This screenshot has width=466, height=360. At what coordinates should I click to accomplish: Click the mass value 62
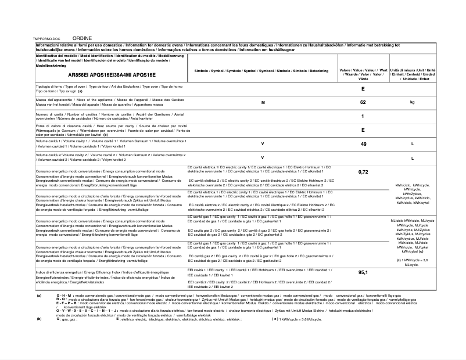[x=363, y=102]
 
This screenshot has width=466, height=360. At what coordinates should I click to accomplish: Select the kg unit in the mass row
[x=412, y=102]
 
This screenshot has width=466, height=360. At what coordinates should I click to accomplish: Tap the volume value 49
[x=363, y=143]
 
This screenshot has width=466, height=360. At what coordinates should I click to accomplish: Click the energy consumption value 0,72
[x=363, y=172]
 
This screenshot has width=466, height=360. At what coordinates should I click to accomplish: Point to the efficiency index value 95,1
[x=363, y=272]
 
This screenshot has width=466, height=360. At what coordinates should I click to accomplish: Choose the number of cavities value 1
[x=363, y=117]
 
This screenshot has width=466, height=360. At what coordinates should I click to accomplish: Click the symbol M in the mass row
[x=263, y=102]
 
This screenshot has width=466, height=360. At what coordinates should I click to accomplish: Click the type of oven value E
[x=363, y=89]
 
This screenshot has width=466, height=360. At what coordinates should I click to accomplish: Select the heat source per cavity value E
[x=363, y=130]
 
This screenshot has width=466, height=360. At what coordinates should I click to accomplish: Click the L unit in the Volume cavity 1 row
[x=412, y=143]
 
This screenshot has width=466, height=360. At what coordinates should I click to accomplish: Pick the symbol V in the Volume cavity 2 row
[x=263, y=157]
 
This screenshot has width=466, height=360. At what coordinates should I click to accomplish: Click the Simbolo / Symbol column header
[x=263, y=70]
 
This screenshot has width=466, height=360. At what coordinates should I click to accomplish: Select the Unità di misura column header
[x=413, y=74]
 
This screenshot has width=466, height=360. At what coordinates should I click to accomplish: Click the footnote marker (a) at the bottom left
[x=39, y=296]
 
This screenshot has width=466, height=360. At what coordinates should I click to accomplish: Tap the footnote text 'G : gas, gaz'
[x=67, y=319]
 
